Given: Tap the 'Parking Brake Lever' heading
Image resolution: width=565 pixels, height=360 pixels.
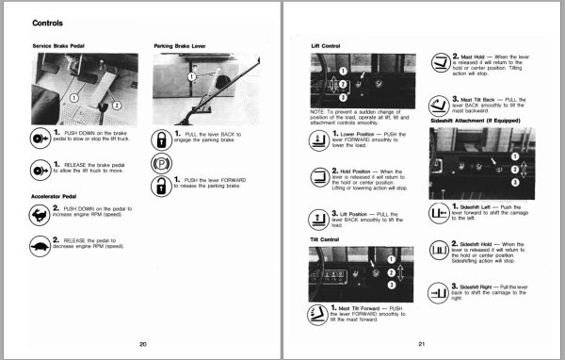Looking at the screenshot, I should [x=179, y=45].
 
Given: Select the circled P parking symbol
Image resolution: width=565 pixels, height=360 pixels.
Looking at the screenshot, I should [x=161, y=161].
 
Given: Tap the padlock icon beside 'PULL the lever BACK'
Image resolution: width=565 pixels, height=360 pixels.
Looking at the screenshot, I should [x=161, y=139].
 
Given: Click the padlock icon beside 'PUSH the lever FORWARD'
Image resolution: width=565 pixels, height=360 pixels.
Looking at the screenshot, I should [x=161, y=184].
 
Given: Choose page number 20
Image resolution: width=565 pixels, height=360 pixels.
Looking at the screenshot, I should [x=142, y=343].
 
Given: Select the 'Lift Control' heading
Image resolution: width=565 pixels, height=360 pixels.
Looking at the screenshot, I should [x=327, y=45].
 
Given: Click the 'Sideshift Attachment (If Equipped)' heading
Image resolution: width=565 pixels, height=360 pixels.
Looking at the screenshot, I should [x=475, y=122].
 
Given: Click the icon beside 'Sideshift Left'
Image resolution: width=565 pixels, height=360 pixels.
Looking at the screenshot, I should [x=441, y=214].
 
